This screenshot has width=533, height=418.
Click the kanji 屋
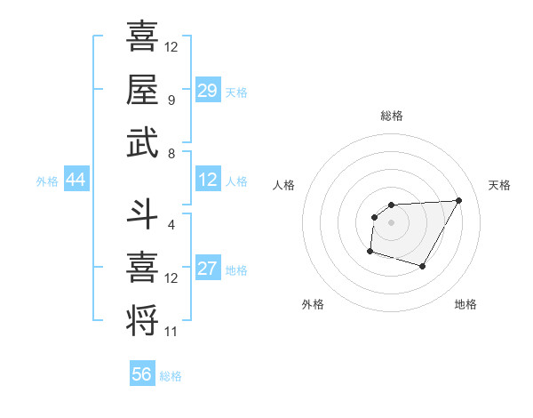pos(142,89)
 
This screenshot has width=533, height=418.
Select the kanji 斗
pos(142,213)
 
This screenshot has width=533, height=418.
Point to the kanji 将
pos(142,318)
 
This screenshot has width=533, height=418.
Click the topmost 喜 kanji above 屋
pos(142,37)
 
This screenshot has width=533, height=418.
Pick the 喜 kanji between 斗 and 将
pos(142,266)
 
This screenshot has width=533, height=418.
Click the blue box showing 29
pos(208,90)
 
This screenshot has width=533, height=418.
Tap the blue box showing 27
pos(208,269)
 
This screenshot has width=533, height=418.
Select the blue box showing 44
pos(76,180)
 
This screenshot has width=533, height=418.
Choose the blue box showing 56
pos(142,374)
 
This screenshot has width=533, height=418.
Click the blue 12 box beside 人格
pos(208,180)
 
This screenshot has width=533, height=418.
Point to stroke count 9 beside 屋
pos(171,100)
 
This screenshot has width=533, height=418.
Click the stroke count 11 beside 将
pos(171,332)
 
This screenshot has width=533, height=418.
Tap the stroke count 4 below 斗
pos(171,224)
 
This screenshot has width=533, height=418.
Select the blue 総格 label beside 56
pos(171,376)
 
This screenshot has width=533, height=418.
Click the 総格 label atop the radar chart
pos(392,117)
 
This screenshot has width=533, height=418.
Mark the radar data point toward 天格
pos(458,200)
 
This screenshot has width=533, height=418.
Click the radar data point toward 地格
pos(423,266)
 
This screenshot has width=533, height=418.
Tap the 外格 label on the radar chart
pos(313,305)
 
